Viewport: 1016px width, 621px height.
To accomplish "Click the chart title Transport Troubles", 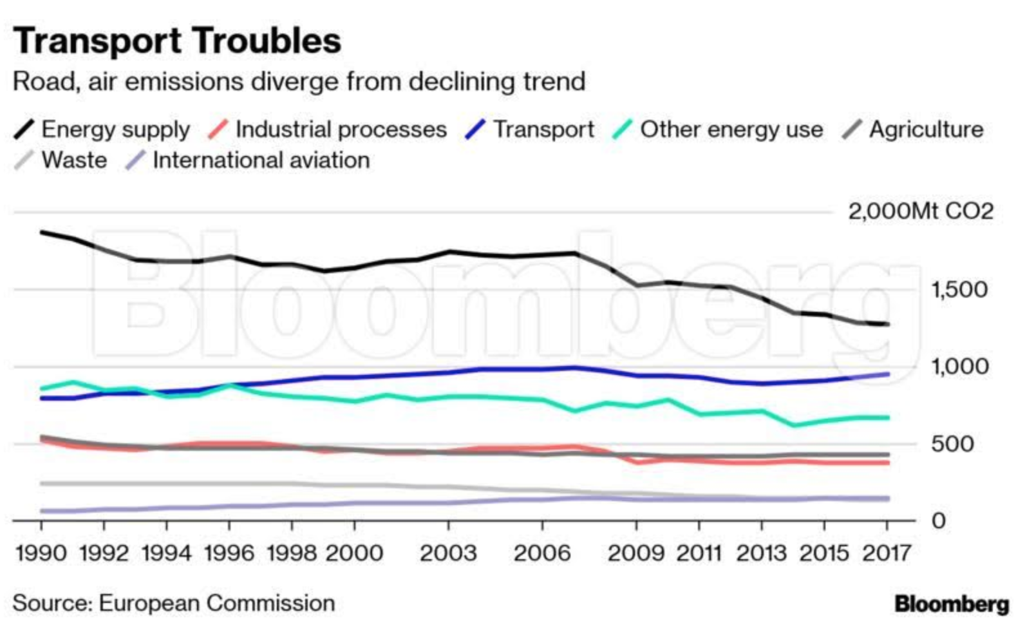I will coord(177,41).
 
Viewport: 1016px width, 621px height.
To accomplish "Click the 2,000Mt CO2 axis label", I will coord(920,211).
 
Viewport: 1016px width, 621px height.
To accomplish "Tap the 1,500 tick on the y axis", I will coord(959,290).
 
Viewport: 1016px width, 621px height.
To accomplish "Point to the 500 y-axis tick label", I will coord(952,444).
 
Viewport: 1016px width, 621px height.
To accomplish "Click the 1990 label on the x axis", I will coord(41,553).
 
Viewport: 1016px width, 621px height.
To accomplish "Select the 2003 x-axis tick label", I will coord(448,553).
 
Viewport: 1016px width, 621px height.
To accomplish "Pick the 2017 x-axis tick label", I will coord(887,553).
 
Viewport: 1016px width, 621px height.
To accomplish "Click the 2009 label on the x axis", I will coord(636,553).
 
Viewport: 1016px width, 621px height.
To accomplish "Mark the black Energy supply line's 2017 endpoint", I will coord(888,324).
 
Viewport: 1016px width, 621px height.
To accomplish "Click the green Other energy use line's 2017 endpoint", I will coord(888,417).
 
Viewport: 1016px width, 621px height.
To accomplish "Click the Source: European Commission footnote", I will coord(174,603).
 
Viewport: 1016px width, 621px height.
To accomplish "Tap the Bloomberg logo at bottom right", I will coord(952,604).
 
